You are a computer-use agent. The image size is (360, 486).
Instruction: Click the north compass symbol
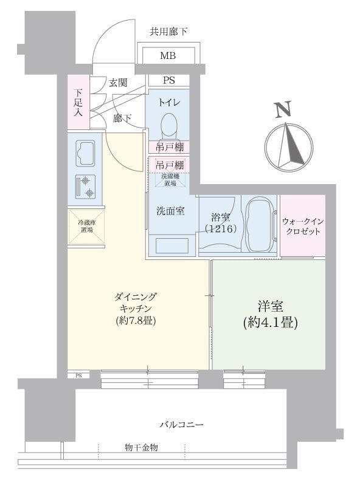(x=289, y=147)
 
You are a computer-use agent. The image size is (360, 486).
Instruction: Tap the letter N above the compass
(x=282, y=109)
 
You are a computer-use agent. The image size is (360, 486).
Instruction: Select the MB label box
(x=168, y=56)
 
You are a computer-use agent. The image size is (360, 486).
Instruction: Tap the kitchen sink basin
(x=85, y=153)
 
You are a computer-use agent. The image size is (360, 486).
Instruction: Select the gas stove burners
(x=86, y=187)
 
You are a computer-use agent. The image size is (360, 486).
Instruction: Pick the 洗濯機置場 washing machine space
(x=168, y=179)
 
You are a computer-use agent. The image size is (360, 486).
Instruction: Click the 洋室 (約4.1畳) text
(x=269, y=315)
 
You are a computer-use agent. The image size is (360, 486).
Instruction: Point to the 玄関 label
(x=118, y=83)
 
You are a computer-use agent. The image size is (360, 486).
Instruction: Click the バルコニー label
(x=182, y=424)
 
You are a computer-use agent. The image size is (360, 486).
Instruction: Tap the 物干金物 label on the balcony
(x=142, y=448)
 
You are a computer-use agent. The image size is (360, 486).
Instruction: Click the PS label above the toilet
(x=168, y=80)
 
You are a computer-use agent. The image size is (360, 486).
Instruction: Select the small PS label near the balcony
(x=78, y=375)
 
